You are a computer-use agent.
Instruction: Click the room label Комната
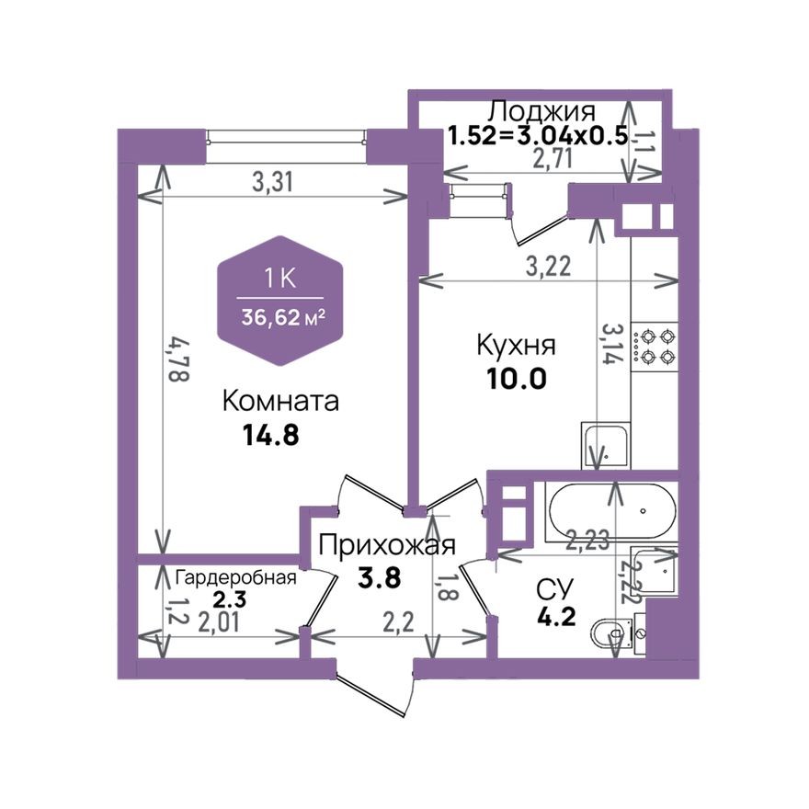pos(281,402)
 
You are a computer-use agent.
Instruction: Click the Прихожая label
pos(387,545)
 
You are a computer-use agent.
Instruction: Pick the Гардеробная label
pos(236,577)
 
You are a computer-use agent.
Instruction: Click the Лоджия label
pos(541,111)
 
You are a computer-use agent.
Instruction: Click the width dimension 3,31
pos(272,182)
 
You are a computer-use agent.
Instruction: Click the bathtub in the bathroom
pos(610,513)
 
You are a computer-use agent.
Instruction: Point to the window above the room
pos(286,138)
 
